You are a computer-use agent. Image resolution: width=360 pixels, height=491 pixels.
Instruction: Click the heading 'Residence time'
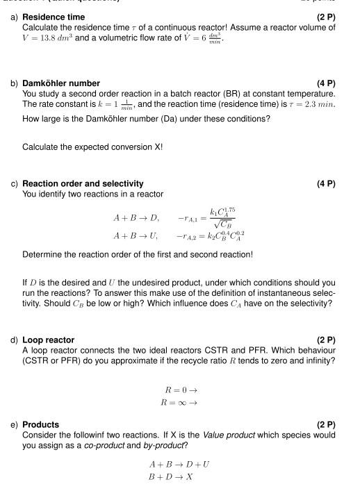coord(54,17)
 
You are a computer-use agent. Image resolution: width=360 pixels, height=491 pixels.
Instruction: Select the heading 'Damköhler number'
coord(61,83)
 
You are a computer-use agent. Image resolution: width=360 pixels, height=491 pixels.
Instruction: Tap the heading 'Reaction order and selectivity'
coord(83,184)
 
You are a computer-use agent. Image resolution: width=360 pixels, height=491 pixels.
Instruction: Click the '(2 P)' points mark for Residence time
coord(325,17)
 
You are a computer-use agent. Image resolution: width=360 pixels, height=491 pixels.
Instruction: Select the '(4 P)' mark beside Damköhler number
coord(325,83)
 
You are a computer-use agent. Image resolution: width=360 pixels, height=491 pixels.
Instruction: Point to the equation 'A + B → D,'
coord(136,217)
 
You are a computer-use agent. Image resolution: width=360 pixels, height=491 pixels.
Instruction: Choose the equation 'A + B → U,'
coord(136,236)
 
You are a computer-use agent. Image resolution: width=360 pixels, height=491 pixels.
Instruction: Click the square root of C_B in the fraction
coord(223,224)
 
